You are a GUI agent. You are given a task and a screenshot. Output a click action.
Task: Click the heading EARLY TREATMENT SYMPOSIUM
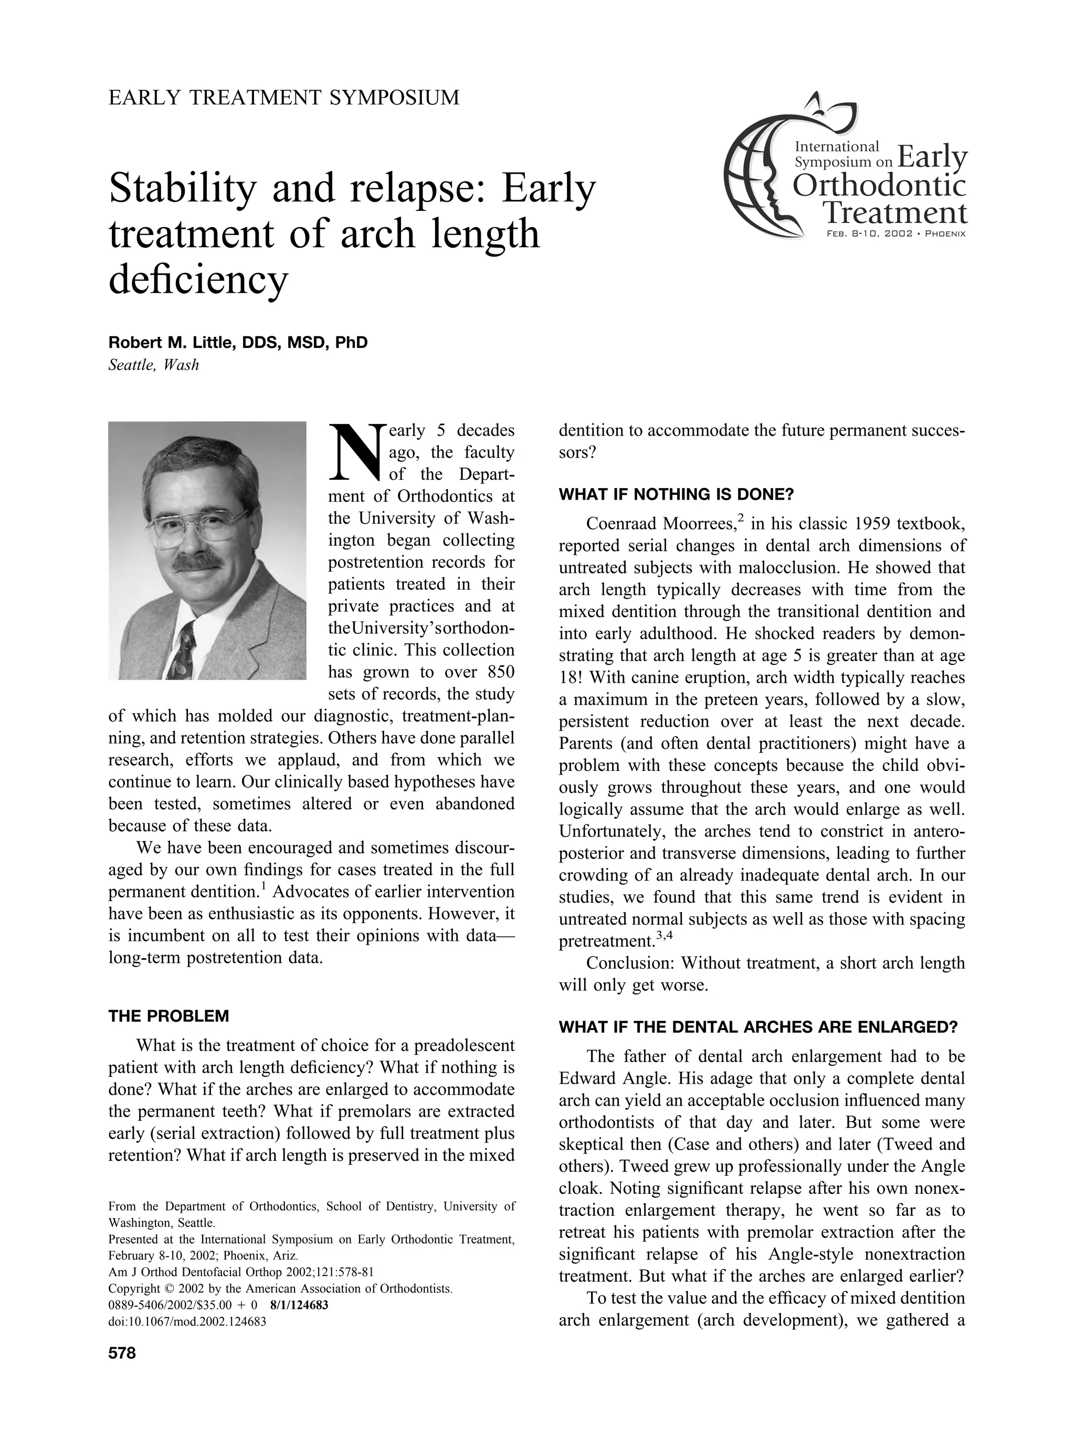tap(284, 98)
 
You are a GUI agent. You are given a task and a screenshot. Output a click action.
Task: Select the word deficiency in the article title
tap(198, 280)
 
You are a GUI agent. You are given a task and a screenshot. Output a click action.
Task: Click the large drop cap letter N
tap(356, 451)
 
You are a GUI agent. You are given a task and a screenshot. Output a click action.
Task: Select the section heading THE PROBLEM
tap(168, 1016)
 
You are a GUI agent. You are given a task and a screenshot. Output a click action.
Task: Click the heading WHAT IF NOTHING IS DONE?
tap(677, 494)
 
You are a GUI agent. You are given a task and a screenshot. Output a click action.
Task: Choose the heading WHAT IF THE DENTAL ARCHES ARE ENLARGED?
tap(758, 1028)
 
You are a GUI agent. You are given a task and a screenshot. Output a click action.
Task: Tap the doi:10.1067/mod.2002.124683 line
tap(187, 1321)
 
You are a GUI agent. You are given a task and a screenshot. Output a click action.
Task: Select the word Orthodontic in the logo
tap(879, 186)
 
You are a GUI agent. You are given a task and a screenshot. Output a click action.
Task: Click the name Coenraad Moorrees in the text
tap(660, 524)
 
